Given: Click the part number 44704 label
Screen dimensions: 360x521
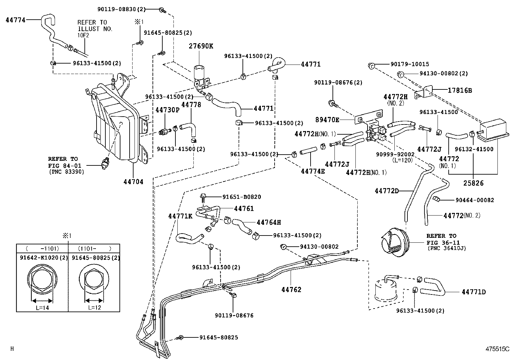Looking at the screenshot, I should [133, 182].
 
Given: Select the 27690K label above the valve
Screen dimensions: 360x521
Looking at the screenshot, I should [201, 46].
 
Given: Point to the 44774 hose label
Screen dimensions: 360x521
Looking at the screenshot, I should [15, 20].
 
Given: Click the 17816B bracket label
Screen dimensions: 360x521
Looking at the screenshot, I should [460, 90].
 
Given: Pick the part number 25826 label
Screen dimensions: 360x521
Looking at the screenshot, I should [473, 183].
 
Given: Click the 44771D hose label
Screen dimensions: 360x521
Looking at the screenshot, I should [474, 292].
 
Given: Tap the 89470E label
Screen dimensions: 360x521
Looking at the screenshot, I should [327, 120].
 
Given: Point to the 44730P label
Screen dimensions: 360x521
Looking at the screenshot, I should [167, 110].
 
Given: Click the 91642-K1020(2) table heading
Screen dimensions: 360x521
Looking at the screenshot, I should [42, 258].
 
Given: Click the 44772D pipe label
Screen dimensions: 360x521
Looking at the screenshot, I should [386, 191].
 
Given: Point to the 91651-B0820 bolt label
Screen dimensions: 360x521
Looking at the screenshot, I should [242, 197].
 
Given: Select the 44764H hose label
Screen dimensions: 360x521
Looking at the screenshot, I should [269, 222].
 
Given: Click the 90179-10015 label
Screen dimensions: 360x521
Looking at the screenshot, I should [409, 64].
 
